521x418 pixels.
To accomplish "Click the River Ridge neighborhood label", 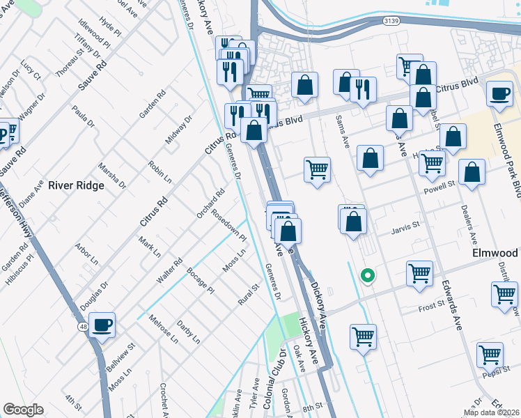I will (x=76, y=185).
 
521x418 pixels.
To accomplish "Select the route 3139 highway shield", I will (x=391, y=22).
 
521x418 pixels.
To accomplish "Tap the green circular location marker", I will (x=366, y=276).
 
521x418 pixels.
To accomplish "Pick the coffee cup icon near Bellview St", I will (x=102, y=324).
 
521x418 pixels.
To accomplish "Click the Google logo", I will (x=23, y=410).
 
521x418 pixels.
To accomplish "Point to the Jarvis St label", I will (x=406, y=226).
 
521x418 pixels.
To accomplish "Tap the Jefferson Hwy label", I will (x=15, y=213).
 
